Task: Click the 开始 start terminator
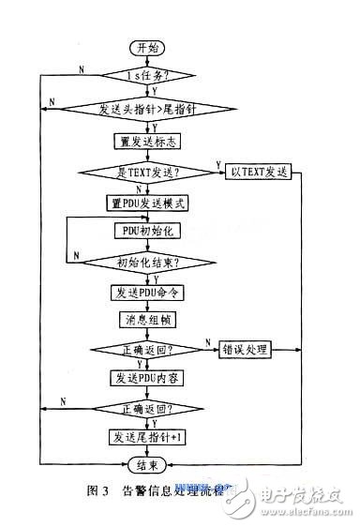point(146,47)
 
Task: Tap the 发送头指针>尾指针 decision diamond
point(147,108)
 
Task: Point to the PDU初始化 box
point(146,231)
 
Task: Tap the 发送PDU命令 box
point(146,292)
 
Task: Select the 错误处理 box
point(244,350)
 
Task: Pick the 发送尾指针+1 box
point(146,437)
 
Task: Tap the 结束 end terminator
point(146,465)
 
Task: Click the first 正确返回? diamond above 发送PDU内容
point(147,350)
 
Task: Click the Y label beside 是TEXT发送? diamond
point(218,165)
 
